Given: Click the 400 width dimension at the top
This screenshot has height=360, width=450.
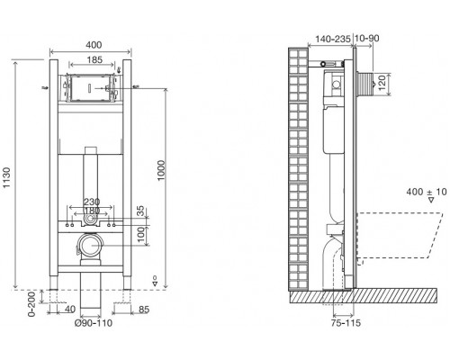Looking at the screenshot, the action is [94, 45].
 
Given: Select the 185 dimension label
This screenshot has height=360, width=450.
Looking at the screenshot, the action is [94, 60].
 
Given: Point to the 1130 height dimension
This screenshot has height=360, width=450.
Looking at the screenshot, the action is [6, 178].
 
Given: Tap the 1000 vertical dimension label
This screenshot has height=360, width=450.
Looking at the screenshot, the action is [161, 170].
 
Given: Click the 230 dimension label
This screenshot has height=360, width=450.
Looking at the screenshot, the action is [92, 202].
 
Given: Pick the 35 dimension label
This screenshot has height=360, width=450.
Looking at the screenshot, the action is [140, 211].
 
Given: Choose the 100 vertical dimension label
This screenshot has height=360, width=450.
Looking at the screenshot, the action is [140, 236].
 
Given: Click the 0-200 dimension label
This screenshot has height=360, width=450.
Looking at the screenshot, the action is [31, 304].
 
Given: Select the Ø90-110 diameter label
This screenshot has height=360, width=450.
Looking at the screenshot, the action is [94, 323].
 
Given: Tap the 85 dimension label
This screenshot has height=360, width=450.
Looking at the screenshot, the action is [144, 310].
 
